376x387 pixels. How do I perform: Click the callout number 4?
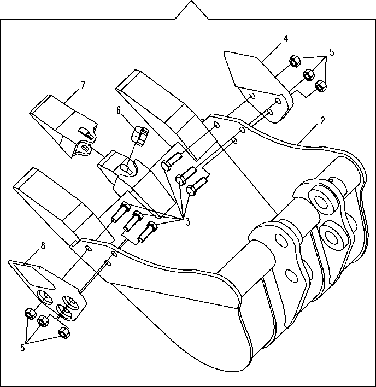pyautogui.click(x=285, y=39)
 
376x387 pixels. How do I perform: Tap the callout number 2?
pyautogui.click(x=322, y=120)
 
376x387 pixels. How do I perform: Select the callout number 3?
pyautogui.click(x=188, y=222)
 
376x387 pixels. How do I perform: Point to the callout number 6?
pyautogui.click(x=119, y=110)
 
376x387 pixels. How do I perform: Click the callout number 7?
pyautogui.click(x=83, y=85)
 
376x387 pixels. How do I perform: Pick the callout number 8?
pyautogui.click(x=43, y=246)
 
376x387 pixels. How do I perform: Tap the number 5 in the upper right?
pyautogui.click(x=332, y=52)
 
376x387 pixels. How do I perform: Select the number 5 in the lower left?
pyautogui.click(x=22, y=348)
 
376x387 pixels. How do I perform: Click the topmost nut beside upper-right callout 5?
pyautogui.click(x=295, y=61)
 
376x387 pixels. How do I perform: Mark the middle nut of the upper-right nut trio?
pyautogui.click(x=308, y=74)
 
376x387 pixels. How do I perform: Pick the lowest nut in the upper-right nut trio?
pyautogui.click(x=321, y=86)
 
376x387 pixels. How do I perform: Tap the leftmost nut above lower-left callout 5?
pyautogui.click(x=31, y=314)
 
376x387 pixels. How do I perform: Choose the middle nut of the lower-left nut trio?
pyautogui.click(x=43, y=321)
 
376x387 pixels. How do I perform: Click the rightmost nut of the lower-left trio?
pyautogui.click(x=64, y=333)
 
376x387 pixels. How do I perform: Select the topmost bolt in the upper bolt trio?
pyautogui.click(x=172, y=162)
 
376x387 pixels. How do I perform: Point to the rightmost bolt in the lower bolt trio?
pyautogui.click(x=148, y=232)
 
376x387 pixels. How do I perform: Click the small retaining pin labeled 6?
pyautogui.click(x=140, y=136)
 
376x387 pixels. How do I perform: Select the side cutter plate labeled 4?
pyautogui.click(x=258, y=85)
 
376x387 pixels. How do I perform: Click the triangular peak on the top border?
pyautogui.click(x=192, y=1)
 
